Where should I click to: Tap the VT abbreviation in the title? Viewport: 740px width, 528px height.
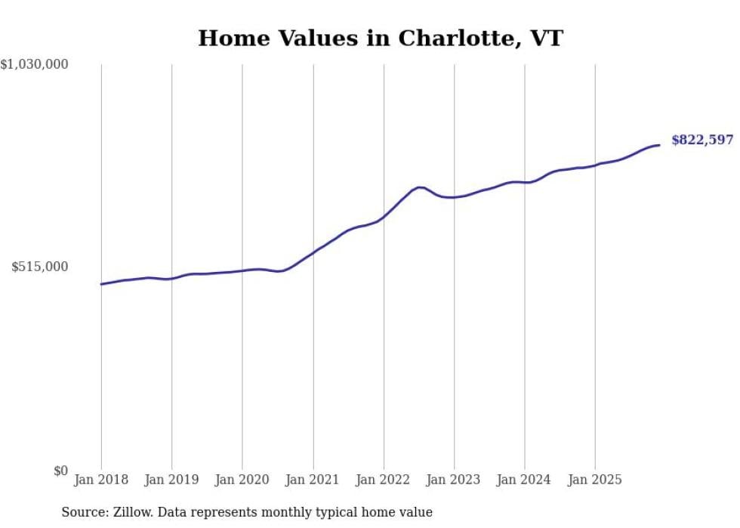coord(547,39)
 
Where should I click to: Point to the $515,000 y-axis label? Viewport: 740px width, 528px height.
coord(40,267)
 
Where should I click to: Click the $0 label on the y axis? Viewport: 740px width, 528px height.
coord(60,471)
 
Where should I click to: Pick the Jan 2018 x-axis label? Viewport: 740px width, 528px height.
coord(101,480)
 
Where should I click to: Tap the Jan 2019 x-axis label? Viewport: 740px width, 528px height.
coord(171,480)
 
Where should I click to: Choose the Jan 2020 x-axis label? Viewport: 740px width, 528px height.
coord(242,480)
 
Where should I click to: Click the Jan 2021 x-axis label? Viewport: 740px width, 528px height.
coord(313,480)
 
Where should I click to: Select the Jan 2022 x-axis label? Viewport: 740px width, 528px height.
coord(384,480)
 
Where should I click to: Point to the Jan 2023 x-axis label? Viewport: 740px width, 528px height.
coord(454,480)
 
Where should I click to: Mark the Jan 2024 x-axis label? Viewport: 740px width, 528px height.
coord(524,480)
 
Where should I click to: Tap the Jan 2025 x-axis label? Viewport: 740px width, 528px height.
coord(595,480)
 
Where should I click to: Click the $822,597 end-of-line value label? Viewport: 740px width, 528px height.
coord(701,140)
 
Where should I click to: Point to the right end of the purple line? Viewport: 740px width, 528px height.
coord(659,145)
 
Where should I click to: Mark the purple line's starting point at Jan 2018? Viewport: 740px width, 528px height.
coord(101,284)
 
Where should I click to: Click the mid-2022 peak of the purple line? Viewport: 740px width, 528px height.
coord(420,187)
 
